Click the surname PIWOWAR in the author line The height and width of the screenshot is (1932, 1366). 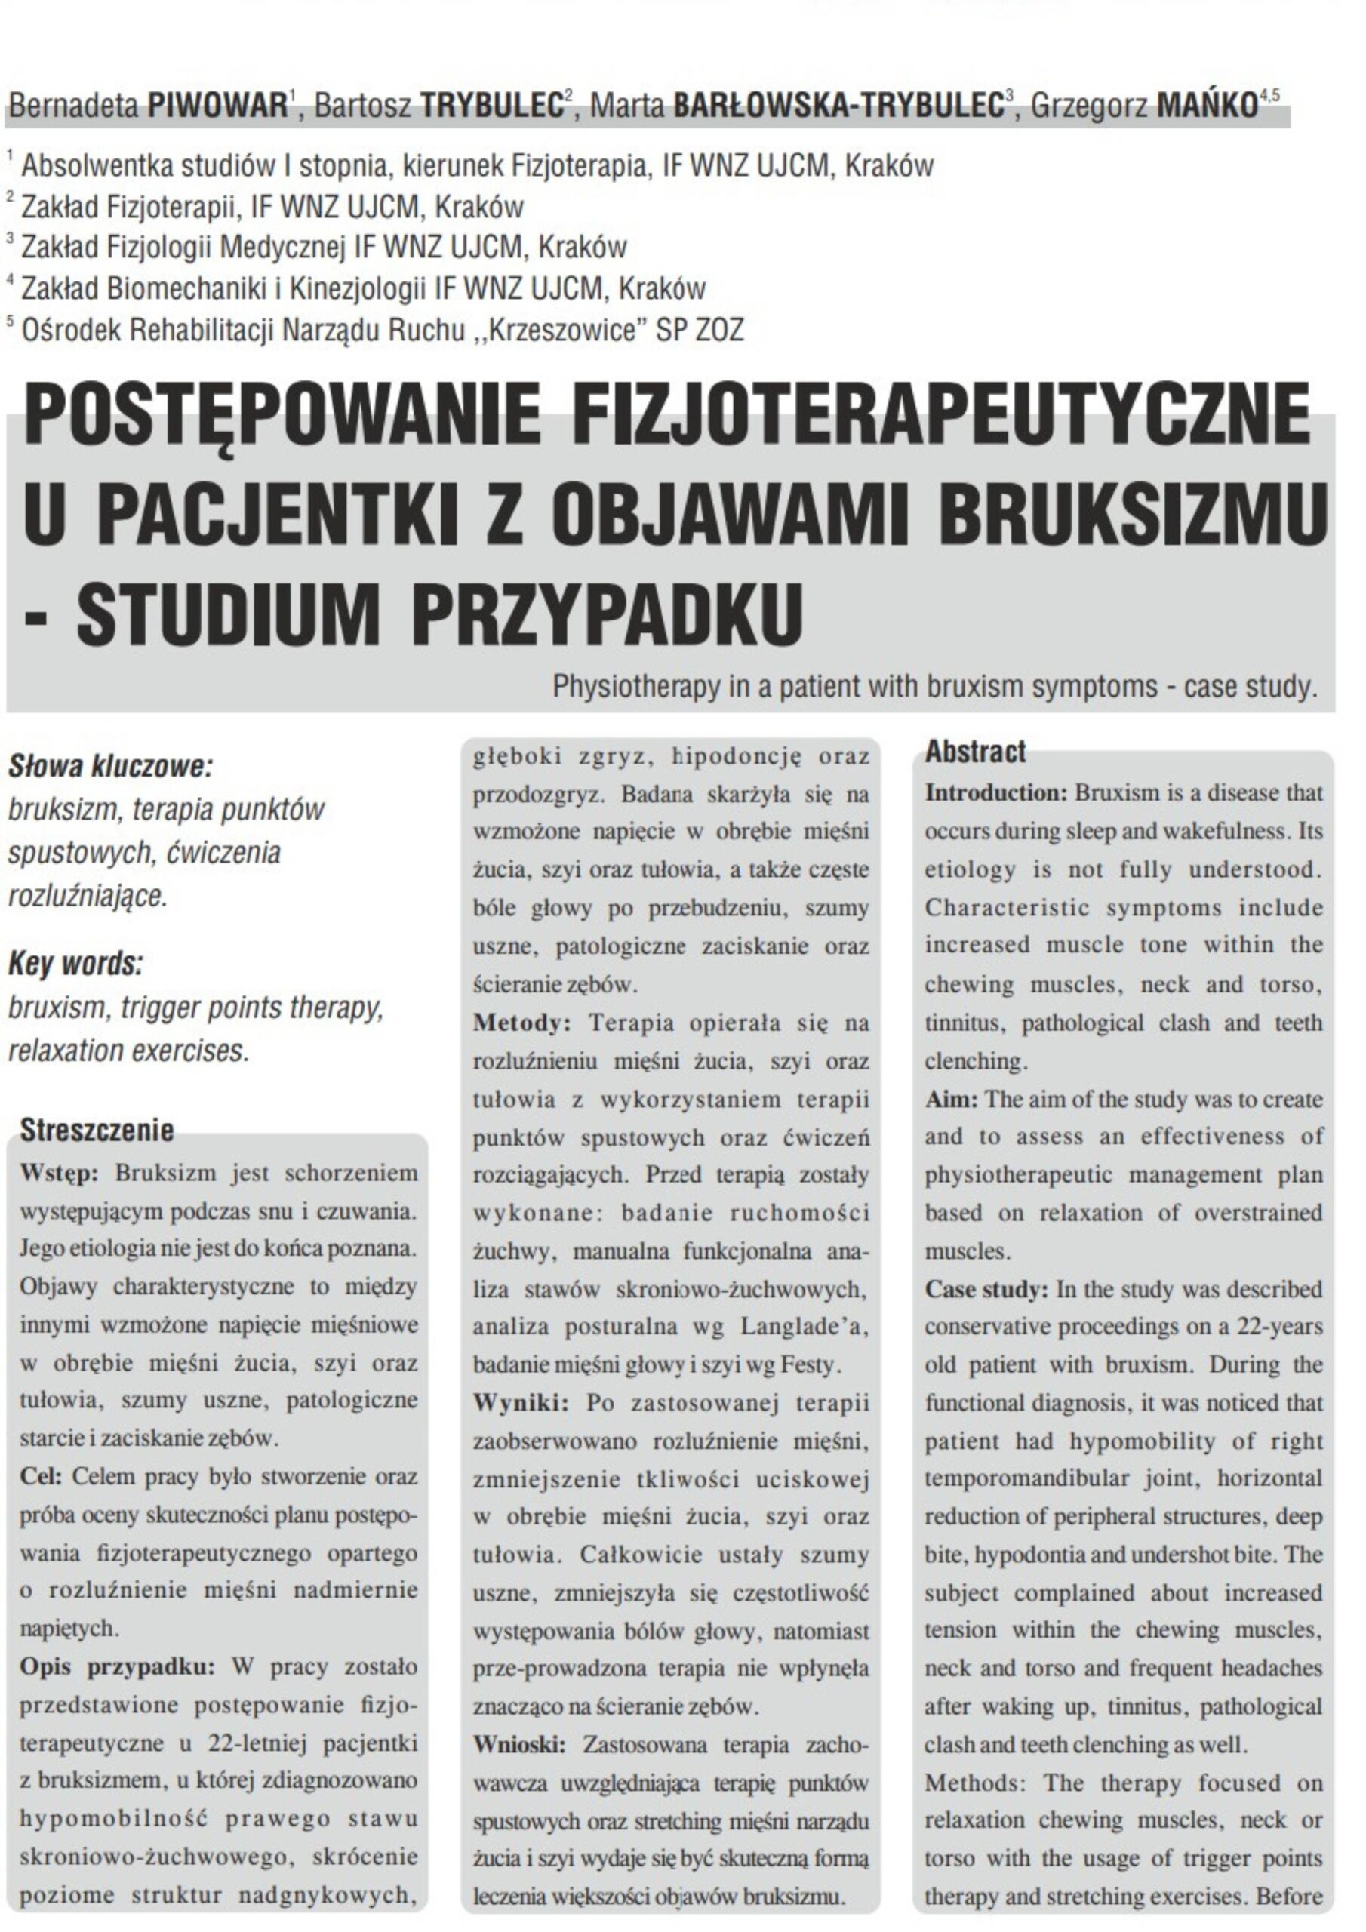pyautogui.click(x=218, y=107)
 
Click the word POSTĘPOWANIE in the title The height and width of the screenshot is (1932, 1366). pyautogui.click(x=282, y=414)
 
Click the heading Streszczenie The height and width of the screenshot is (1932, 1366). pyautogui.click(x=97, y=1129)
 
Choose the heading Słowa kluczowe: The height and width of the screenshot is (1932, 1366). pyautogui.click(x=110, y=767)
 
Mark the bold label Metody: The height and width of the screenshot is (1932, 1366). pyautogui.click(x=521, y=1023)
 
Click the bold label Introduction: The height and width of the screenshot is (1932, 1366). pyautogui.click(x=996, y=792)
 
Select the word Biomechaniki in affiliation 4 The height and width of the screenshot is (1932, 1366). pyautogui.click(x=184, y=288)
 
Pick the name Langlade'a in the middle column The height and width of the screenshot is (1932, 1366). pyautogui.click(x=804, y=1327)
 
